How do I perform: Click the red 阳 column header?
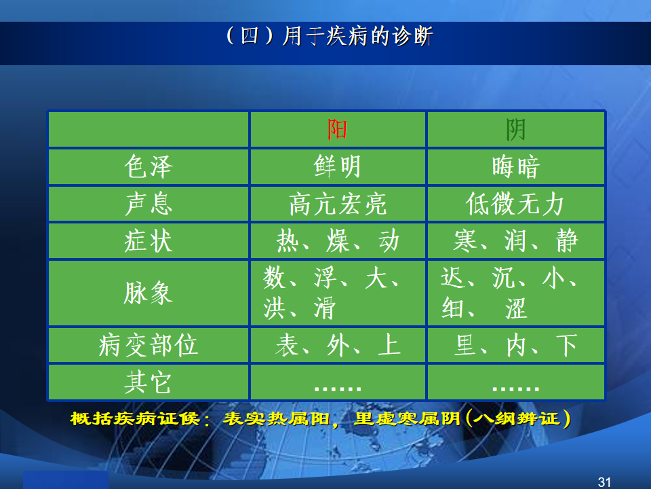(337, 129)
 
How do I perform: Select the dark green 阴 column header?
(515, 129)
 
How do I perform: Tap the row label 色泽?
(149, 166)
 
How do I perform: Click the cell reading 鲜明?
(337, 166)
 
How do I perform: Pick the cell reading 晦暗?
(515, 167)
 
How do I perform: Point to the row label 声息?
(149, 204)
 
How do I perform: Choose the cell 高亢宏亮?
(338, 204)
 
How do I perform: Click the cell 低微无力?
(515, 204)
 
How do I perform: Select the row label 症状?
(149, 240)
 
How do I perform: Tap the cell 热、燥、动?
(338, 240)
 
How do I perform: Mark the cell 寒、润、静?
(515, 240)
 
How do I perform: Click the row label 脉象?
(149, 293)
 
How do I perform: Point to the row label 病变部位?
(149, 345)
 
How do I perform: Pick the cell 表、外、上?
(338, 345)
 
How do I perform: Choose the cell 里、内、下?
(515, 345)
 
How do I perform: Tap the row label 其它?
(149, 382)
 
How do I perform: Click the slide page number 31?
(604, 482)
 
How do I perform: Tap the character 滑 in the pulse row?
(325, 308)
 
